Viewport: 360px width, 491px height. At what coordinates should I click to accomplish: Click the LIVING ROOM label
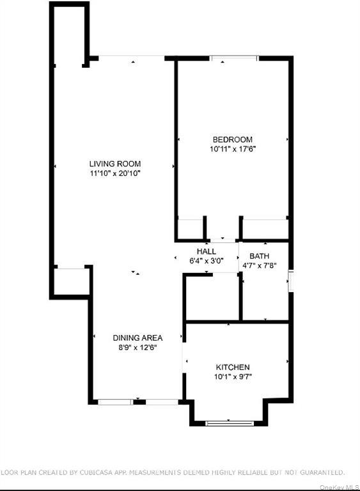tap(115, 164)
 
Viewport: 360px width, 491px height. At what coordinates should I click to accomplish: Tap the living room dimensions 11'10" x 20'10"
tap(115, 173)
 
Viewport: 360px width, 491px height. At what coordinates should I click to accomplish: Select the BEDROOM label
tap(232, 139)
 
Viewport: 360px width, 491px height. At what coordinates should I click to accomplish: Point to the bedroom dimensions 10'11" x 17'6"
tap(232, 149)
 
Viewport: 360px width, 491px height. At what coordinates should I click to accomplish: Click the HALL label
tap(206, 251)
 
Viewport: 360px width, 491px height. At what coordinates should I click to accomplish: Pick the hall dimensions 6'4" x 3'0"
tap(206, 261)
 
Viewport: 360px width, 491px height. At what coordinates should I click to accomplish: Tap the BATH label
tap(260, 256)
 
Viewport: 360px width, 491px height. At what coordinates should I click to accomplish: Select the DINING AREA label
tap(137, 338)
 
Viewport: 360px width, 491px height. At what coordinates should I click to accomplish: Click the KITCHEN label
tap(232, 367)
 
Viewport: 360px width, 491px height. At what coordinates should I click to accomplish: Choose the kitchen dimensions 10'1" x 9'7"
tap(232, 377)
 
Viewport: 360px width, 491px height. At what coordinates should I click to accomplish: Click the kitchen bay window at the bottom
tap(230, 422)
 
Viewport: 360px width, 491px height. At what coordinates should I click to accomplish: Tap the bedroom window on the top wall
tap(235, 58)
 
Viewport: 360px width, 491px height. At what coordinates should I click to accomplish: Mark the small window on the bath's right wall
tap(290, 281)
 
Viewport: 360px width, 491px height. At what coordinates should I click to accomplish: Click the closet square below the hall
tap(211, 297)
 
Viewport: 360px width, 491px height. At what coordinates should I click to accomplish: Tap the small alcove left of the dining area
tap(70, 281)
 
